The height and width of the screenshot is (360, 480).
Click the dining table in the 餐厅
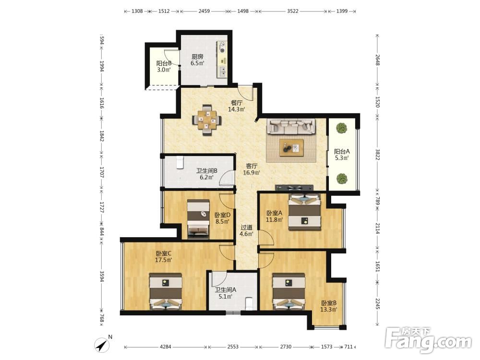click(206, 120)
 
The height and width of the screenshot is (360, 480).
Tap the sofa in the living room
click(291, 126)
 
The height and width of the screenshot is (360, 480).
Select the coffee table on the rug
click(291, 148)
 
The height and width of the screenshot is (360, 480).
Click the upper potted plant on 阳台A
click(341, 128)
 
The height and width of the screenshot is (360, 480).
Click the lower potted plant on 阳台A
click(342, 179)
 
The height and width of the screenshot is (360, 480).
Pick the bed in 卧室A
click(305, 212)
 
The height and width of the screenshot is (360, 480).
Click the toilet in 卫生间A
click(249, 303)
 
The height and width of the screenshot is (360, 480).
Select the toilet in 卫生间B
click(180, 162)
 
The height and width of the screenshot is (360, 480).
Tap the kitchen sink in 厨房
click(223, 72)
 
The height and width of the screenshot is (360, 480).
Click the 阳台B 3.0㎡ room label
click(164, 66)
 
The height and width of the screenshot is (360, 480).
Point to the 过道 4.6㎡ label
click(246, 231)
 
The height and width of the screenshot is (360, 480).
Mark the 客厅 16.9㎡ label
click(252, 169)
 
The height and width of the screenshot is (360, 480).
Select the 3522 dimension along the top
click(292, 11)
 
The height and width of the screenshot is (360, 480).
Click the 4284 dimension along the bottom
click(166, 347)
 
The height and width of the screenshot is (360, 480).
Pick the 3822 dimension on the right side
click(377, 155)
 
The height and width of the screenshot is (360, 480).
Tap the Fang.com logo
click(428, 339)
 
